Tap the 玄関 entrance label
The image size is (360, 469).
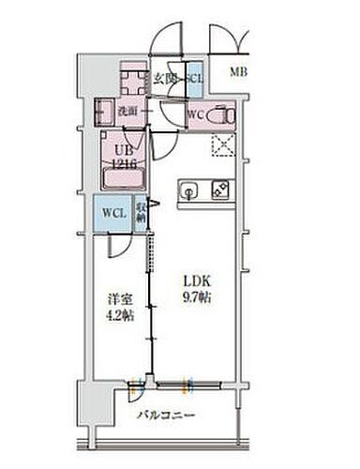click(166, 78)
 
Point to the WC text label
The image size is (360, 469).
click(197, 115)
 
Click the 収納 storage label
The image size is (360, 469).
click(140, 213)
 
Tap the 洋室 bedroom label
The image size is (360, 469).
click(118, 300)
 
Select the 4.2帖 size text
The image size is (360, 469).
click(118, 316)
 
